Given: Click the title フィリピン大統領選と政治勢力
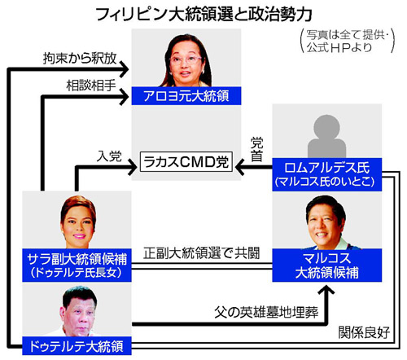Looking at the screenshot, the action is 204,14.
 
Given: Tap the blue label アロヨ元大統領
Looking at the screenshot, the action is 186,96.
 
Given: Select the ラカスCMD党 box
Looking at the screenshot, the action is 186,162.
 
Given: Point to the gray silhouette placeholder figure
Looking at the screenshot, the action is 326,136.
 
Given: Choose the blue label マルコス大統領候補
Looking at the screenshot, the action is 327,265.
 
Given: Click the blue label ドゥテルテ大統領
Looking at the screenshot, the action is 77,346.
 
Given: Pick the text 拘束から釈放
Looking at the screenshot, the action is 80,59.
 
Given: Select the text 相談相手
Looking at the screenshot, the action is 91,86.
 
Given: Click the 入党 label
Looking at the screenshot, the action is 109,156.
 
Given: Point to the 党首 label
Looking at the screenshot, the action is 256,150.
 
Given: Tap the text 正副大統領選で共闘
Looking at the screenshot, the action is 201,253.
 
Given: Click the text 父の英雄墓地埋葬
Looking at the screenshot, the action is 266,312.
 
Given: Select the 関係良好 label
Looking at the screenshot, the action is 364,332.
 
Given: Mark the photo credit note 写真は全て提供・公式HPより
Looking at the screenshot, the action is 348,42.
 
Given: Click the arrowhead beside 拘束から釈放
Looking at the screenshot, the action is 125,69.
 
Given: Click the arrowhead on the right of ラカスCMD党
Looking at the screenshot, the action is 240,166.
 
